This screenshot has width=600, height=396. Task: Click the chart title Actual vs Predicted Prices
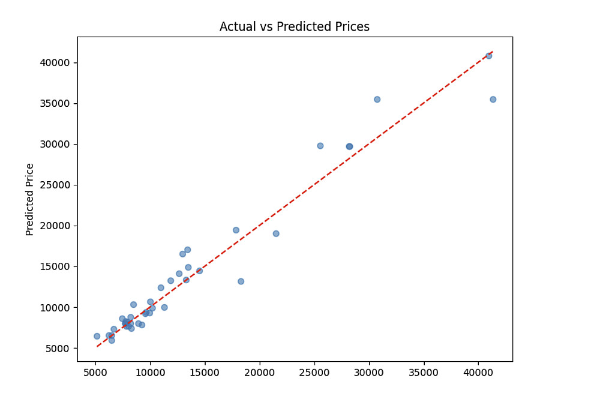[294, 27]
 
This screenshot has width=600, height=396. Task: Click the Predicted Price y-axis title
[30, 199]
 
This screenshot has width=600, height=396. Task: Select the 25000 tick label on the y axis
[55, 185]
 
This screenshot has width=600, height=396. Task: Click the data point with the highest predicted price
[488, 56]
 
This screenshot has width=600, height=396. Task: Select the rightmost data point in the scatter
[493, 100]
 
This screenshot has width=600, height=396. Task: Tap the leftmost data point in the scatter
[97, 336]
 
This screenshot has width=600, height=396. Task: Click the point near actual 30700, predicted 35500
[377, 100]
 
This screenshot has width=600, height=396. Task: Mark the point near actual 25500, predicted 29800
[320, 146]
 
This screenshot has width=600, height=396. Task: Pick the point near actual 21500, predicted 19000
[276, 233]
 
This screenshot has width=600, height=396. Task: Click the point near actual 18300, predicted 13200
[241, 281]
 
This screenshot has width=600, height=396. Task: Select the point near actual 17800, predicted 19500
[236, 230]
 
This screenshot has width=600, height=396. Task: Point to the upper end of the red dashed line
[493, 52]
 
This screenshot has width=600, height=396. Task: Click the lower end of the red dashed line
[97, 347]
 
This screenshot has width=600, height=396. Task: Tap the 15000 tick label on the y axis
[55, 266]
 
